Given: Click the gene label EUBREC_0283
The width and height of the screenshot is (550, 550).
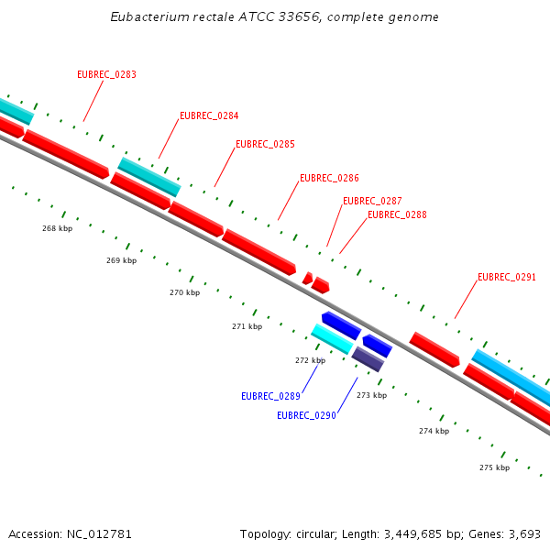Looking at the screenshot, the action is [x=106, y=75].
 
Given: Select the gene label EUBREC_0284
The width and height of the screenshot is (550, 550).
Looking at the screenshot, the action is [x=209, y=116].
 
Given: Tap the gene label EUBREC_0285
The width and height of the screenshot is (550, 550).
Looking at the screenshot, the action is [x=265, y=145].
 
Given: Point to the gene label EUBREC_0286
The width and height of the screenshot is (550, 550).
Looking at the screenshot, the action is [x=329, y=179].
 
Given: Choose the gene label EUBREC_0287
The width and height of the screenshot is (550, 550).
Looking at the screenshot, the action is [x=372, y=202].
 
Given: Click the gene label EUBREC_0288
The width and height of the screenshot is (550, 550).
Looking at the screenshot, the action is [x=397, y=215].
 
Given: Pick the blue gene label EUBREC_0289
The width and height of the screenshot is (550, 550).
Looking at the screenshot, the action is [x=270, y=397].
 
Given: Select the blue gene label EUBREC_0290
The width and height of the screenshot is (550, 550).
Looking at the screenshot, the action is [x=306, y=416].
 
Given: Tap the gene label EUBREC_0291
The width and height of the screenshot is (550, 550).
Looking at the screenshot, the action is [x=507, y=277].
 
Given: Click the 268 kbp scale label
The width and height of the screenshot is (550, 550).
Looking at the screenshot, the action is [x=57, y=228].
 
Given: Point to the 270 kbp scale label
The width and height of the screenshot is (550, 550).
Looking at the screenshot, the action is [x=184, y=293].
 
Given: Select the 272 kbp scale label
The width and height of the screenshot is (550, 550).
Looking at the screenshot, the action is [x=310, y=361].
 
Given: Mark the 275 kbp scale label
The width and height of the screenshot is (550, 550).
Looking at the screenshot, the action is [x=494, y=468].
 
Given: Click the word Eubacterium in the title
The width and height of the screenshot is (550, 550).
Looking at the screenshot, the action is [x=150, y=17].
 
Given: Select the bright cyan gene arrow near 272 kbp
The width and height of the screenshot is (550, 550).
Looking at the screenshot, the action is [x=332, y=339].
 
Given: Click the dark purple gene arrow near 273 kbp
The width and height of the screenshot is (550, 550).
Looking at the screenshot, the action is [x=368, y=359].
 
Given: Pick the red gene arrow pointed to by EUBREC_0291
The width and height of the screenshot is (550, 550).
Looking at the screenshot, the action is [x=434, y=350].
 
